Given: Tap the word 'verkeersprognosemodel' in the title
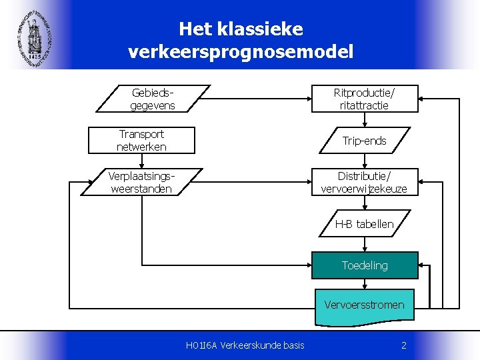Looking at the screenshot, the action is [x=241, y=51].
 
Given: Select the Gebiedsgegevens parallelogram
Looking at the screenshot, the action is [x=153, y=99].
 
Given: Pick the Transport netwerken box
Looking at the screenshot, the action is [x=141, y=140].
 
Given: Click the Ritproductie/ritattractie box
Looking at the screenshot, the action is [x=364, y=99].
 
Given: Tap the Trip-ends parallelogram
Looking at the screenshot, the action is [x=364, y=141].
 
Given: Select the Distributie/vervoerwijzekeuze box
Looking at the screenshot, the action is [x=364, y=182].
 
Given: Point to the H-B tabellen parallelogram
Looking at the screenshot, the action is [x=364, y=224].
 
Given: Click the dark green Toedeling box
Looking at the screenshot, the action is [x=364, y=265].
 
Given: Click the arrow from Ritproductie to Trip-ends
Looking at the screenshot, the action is [x=364, y=120].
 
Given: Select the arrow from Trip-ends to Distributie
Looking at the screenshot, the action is [x=364, y=161].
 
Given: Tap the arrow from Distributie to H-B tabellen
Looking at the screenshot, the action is [x=364, y=203].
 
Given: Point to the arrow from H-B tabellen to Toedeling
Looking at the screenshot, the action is [x=364, y=244].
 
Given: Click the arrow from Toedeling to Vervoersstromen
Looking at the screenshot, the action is [x=364, y=284].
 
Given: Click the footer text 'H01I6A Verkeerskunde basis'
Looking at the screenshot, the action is [x=245, y=345].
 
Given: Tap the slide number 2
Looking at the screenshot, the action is [x=404, y=345].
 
